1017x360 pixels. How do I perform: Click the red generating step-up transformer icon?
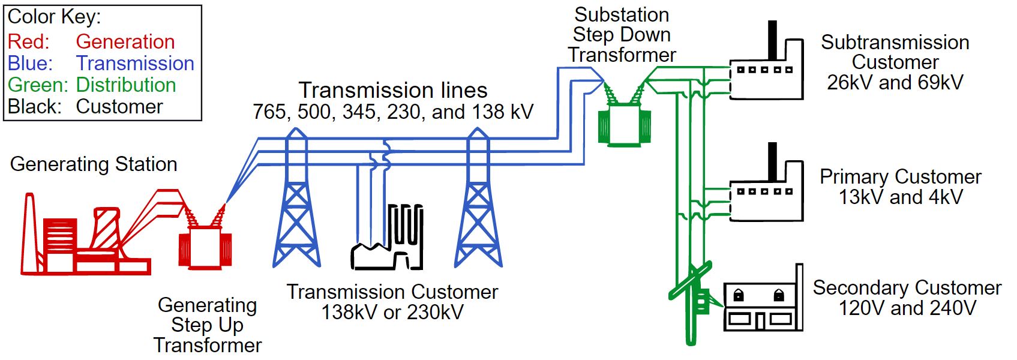point(205,246)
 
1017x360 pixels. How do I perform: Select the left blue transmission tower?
point(296,204)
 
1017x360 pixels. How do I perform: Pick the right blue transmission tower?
point(478,204)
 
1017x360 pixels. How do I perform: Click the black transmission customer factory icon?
point(389,243)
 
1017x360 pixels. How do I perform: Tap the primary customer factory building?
point(766,198)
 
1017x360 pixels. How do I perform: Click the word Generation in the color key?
point(125,41)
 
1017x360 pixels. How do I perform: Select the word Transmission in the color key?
point(135,63)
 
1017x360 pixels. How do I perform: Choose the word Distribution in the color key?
point(126,85)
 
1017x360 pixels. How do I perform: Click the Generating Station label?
point(94,164)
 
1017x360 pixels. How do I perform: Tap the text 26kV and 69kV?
point(895,82)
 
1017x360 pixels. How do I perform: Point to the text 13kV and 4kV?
point(900,197)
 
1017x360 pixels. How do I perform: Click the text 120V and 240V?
point(907,308)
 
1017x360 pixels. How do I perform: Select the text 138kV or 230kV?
point(392,312)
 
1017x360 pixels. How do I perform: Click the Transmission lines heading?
point(393,90)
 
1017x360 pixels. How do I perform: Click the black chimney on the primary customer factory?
point(773,161)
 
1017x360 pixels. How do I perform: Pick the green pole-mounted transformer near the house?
point(701,300)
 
